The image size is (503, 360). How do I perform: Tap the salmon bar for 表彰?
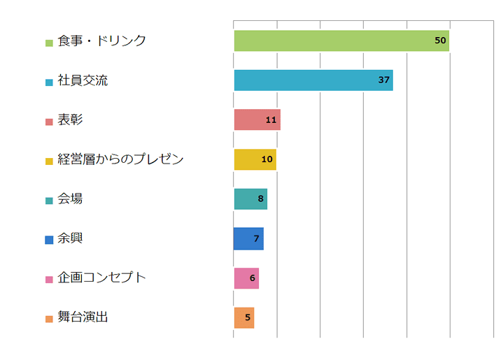click(252, 120)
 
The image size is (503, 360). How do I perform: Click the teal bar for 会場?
click(246, 199)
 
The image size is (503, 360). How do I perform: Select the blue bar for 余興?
click(244, 238)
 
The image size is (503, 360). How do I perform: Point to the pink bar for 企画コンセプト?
click(242, 278)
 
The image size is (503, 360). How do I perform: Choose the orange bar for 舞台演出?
click(241, 317)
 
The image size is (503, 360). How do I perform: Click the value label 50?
click(440, 41)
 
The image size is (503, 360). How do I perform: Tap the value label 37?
click(383, 80)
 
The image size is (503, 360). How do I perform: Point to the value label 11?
click(271, 120)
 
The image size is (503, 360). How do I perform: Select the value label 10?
click(267, 159)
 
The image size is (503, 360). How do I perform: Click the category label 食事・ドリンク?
click(101, 41)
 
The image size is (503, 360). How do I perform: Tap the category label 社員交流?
click(83, 80)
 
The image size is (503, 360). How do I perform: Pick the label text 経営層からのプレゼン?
click(120, 159)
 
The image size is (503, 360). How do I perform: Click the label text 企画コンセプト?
click(101, 278)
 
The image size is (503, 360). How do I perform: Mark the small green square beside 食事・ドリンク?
click(49, 43)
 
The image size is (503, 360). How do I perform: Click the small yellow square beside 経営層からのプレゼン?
click(49, 161)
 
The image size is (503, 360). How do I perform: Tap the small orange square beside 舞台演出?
click(49, 319)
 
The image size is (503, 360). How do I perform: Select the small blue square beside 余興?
click(49, 240)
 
